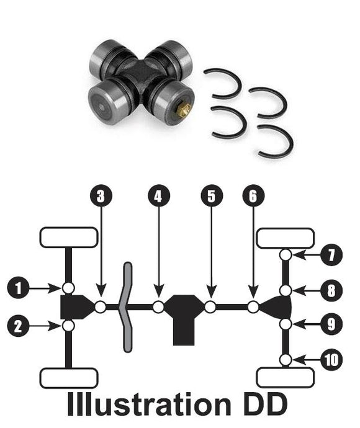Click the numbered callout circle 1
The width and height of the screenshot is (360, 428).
[x=18, y=288]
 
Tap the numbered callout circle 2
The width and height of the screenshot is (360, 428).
[x=18, y=326]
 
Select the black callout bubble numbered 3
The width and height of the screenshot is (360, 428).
[x=101, y=196]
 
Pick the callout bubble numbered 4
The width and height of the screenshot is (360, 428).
[x=158, y=196]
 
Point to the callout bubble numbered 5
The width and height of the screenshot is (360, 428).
[x=212, y=196]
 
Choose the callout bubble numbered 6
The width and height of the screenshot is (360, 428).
[x=253, y=196]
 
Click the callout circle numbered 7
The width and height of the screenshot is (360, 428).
[x=331, y=255]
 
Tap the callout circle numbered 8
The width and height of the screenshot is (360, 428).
[x=331, y=290]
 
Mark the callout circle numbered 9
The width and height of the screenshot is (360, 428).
[x=331, y=324]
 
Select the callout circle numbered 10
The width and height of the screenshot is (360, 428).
[x=331, y=360]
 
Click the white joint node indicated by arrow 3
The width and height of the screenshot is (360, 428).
[x=101, y=307]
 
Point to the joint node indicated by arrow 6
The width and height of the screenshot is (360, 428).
[x=253, y=307]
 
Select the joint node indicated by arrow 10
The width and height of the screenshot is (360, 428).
[x=286, y=360]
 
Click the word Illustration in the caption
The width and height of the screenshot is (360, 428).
[x=149, y=404]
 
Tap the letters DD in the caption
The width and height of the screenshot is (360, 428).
[x=265, y=404]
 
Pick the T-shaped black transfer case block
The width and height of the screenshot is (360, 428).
[x=184, y=319]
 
